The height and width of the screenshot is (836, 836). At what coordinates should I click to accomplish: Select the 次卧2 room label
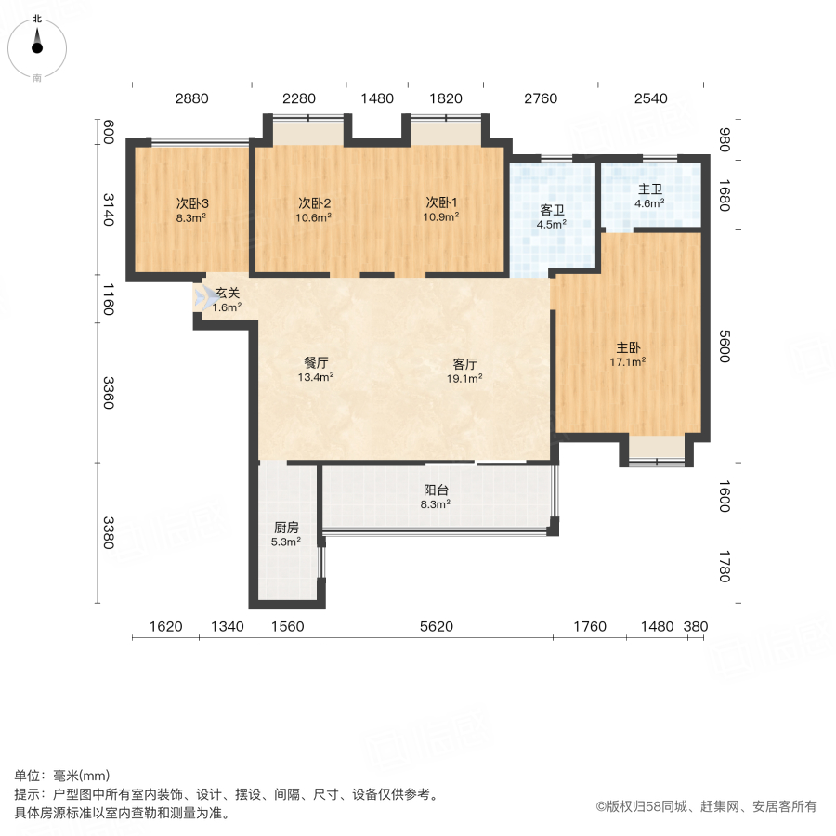(315, 203)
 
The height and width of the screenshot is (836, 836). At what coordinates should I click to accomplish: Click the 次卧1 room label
(442, 203)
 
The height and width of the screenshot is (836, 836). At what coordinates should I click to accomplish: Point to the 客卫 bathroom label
(553, 210)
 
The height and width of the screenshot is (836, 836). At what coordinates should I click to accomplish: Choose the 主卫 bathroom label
(649, 189)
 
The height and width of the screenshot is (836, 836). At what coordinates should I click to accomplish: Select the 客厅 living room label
(465, 363)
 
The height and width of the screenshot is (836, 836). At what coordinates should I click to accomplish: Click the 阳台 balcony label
(436, 490)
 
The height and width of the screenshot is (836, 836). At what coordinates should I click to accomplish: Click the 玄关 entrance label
(228, 294)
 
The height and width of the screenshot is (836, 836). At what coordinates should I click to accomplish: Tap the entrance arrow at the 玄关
(204, 298)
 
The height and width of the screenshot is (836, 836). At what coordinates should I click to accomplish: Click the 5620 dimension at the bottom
(436, 627)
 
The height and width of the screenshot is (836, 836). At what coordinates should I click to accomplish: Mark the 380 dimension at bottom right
(696, 627)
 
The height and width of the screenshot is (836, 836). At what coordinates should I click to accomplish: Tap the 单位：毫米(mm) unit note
(62, 777)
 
